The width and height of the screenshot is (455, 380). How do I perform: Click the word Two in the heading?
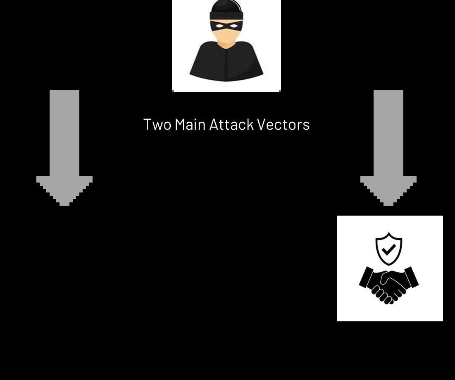coord(157,125)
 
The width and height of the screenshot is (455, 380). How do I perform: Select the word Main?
coord(190,125)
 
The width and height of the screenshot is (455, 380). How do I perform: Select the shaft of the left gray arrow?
coord(64,132)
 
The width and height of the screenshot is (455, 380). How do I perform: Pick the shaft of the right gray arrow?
coord(388,132)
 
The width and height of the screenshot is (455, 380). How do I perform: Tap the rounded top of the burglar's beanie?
coord(226,7)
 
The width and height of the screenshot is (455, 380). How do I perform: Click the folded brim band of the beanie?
coord(226,16)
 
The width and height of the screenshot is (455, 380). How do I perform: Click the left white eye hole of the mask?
coord(218,26)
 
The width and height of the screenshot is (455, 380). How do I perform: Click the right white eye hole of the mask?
coord(234,26)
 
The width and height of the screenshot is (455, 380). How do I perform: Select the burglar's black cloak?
coord(226,62)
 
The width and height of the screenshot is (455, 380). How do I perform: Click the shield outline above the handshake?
coord(389,237)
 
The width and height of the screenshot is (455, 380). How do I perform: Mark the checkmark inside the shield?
coord(388,249)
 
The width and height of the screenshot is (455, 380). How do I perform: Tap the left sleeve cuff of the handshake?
coord(366,277)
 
